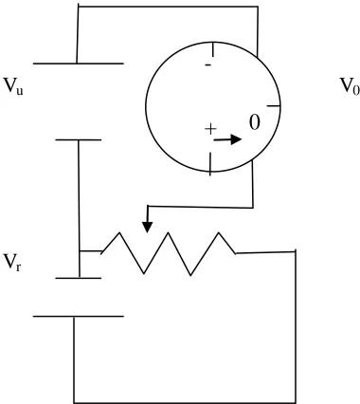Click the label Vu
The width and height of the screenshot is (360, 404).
click(13, 86)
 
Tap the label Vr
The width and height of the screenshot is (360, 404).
click(12, 263)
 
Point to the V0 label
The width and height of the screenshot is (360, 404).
click(350, 85)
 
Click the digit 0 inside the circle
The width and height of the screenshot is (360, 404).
click(255, 122)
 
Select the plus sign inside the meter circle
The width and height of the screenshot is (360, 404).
click(210, 129)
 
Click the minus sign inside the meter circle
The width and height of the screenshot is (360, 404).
click(208, 65)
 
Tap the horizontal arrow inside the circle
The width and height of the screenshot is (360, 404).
click(227, 139)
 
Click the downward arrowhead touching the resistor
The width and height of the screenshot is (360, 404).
click(147, 227)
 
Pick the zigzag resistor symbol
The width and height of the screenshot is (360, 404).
click(169, 253)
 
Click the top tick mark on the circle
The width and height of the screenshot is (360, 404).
click(213, 50)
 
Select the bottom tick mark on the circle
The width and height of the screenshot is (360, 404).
click(210, 164)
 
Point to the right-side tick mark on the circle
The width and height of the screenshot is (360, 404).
click(274, 106)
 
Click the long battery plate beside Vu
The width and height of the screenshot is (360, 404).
click(79, 64)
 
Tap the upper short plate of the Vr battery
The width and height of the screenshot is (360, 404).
click(79, 139)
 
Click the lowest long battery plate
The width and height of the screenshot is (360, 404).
click(79, 316)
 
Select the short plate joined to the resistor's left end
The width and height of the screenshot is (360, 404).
click(79, 278)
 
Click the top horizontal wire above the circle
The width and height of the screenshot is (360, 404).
click(168, 7)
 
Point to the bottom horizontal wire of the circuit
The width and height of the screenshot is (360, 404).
click(185, 402)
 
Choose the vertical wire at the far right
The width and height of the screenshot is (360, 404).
click(296, 326)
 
